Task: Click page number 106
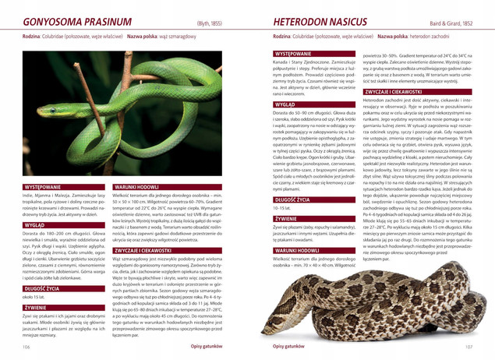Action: tap(27, 345)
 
